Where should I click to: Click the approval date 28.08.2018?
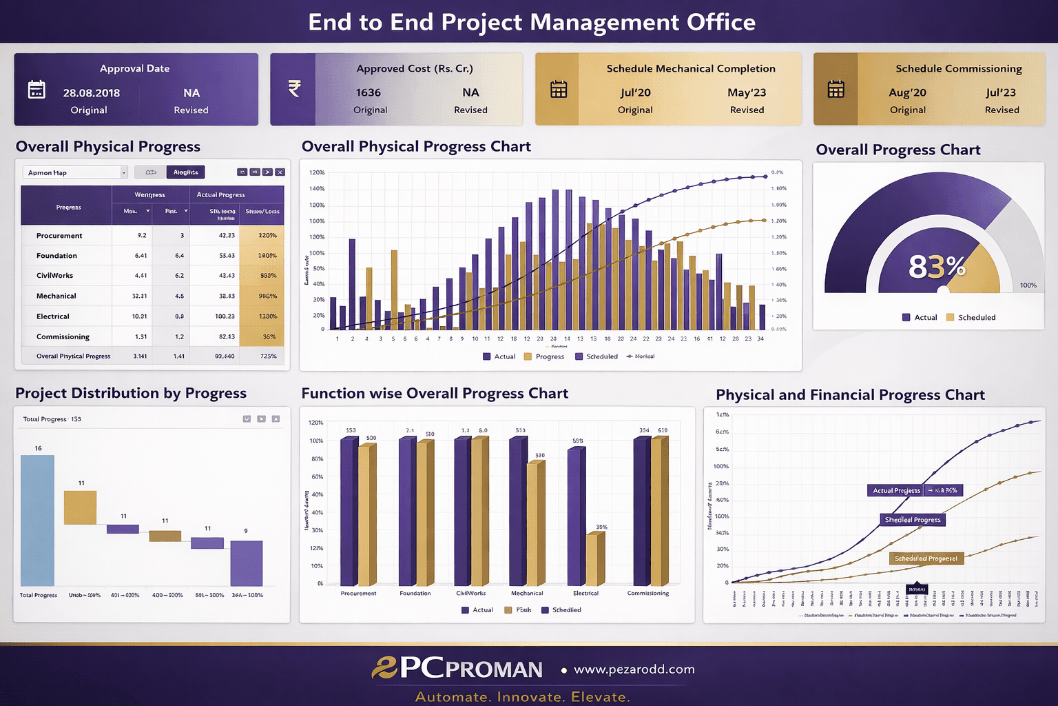point(91,93)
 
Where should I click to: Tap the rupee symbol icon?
point(294,89)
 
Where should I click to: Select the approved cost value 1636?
point(369,92)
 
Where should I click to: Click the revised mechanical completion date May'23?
point(747,92)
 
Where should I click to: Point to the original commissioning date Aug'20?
point(907,92)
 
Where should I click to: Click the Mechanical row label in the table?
point(56,296)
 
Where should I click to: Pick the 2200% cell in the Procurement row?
point(267,235)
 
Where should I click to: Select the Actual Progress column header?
point(220,194)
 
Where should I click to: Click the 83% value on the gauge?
point(937,266)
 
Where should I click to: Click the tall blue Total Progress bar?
point(38,521)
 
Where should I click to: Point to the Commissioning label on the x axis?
point(647,593)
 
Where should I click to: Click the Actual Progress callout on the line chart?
point(896,490)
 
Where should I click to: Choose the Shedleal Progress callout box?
point(913,520)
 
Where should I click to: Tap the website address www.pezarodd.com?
point(634,669)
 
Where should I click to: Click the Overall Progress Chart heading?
point(898,150)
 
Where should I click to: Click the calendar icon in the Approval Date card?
point(37,90)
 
